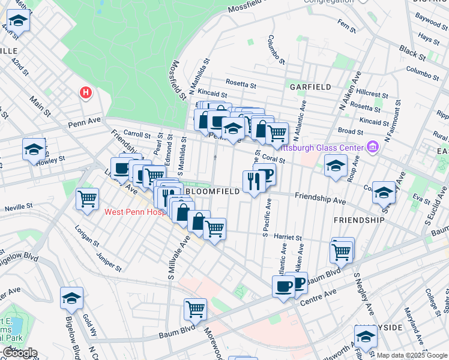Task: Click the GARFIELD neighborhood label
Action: click(x=310, y=87)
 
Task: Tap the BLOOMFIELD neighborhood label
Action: click(x=212, y=191)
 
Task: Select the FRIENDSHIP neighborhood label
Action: click(x=359, y=220)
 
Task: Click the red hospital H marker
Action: click(x=86, y=93)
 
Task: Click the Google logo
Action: click(x=19, y=353)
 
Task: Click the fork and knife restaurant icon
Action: click(x=252, y=181)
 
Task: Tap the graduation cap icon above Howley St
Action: click(x=34, y=149)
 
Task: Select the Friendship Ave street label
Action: click(x=320, y=197)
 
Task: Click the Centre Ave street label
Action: click(x=321, y=296)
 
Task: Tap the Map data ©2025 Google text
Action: click(x=411, y=355)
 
